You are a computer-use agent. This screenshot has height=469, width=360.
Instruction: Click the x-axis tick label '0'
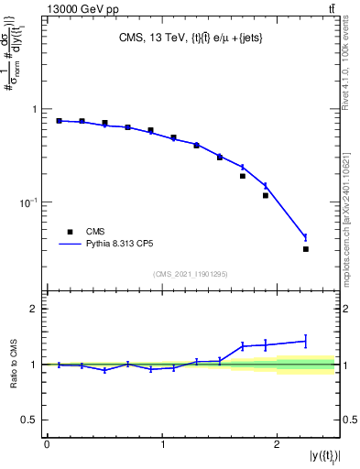[47, 445]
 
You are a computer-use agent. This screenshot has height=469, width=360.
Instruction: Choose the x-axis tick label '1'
[162, 445]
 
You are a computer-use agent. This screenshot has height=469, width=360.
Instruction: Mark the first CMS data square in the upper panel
[59, 121]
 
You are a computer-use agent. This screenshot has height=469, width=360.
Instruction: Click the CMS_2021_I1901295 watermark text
[191, 273]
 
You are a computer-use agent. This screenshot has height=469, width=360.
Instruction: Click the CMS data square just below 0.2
[243, 176]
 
